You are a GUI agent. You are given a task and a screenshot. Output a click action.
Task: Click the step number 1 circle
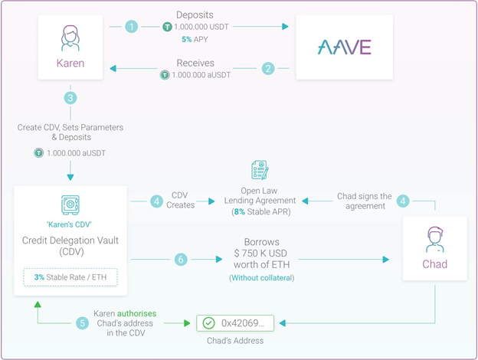coord(132,27)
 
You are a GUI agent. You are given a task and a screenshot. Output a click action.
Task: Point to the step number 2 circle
coord(268,69)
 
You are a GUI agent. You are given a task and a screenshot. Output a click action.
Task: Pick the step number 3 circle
coord(70,97)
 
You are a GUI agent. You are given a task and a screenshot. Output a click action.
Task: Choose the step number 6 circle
coord(182,260)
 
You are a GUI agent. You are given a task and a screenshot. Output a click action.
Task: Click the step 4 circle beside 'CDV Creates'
coord(156,201)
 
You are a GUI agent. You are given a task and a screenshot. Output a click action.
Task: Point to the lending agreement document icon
coord(259,170)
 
